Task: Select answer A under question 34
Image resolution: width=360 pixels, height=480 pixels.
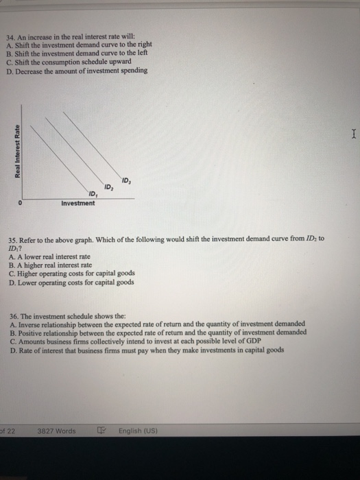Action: pyautogui.click(x=82, y=45)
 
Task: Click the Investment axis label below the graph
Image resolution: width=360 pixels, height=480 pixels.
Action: pyautogui.click(x=77, y=203)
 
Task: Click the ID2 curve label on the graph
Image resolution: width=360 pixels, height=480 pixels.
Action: pyautogui.click(x=108, y=187)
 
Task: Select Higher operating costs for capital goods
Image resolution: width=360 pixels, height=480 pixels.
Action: pyautogui.click(x=72, y=273)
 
